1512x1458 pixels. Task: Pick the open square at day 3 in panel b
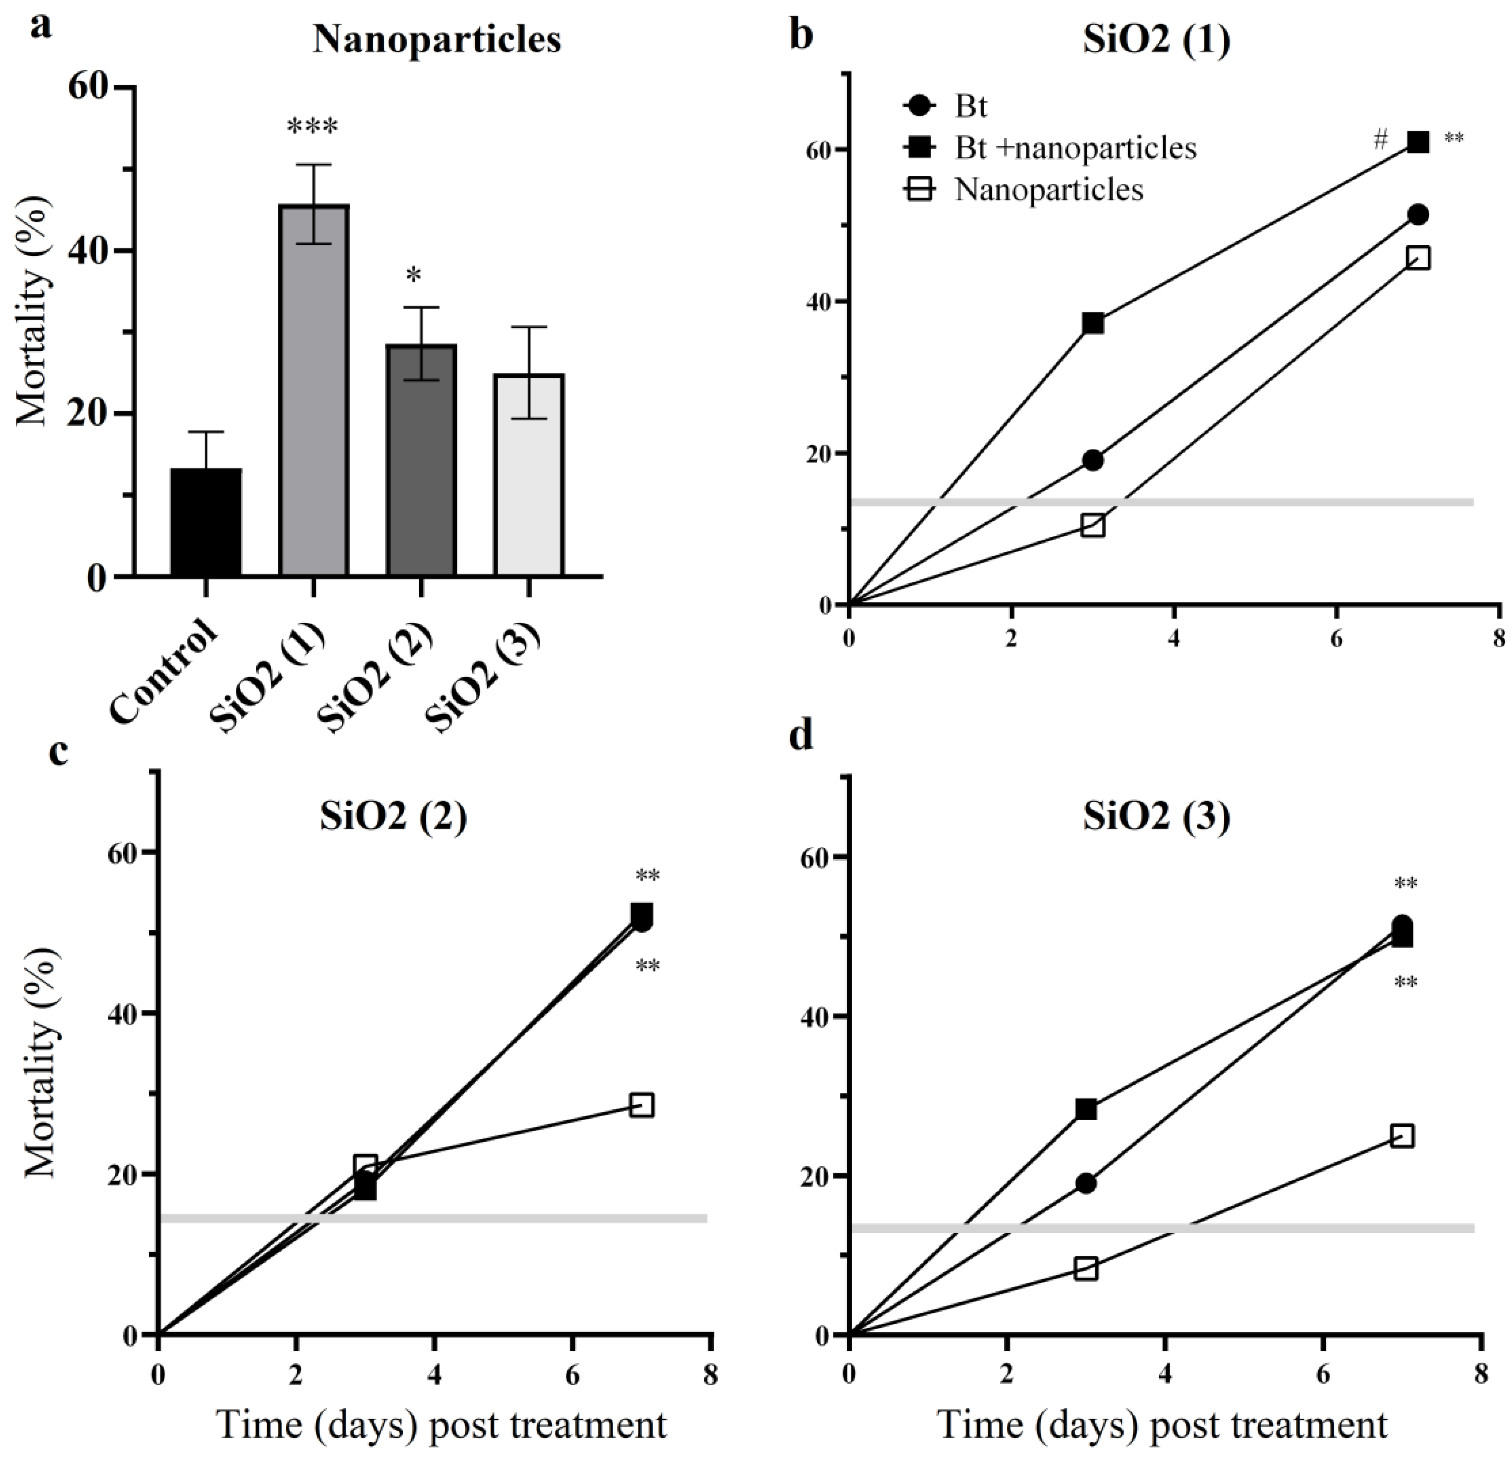1092,526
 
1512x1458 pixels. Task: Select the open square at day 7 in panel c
642,1105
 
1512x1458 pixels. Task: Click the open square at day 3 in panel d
1085,1269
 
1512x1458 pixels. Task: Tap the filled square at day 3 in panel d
1085,1109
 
